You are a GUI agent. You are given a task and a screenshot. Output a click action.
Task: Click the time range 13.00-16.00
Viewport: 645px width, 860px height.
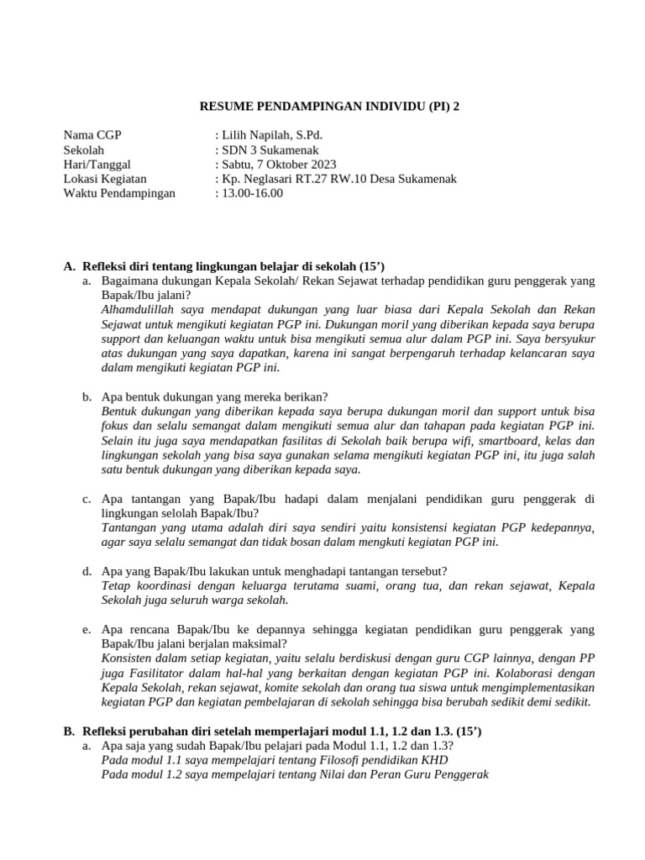253,193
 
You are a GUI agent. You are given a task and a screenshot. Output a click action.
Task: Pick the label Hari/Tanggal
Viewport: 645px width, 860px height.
97,164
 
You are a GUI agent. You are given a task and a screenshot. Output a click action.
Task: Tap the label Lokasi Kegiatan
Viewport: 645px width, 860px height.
105,178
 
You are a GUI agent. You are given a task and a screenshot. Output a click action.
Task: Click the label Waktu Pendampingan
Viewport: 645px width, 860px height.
119,193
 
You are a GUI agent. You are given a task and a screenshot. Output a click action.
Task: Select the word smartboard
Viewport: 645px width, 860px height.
509,441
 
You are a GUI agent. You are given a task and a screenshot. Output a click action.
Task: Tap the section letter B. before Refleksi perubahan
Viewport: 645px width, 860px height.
70,732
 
